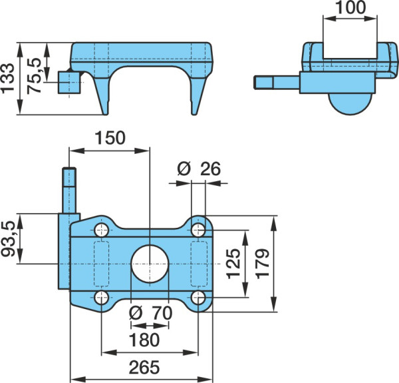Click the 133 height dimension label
pyautogui.click(x=7, y=78)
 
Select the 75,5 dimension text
pyautogui.click(x=34, y=76)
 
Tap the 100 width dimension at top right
pyautogui.click(x=350, y=7)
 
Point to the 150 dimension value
pyautogui.click(x=110, y=138)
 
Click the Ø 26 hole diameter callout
pyautogui.click(x=199, y=169)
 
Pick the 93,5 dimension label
pyautogui.click(x=7, y=238)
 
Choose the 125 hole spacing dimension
pyautogui.click(x=233, y=264)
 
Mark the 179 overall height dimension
pyautogui.click(x=263, y=264)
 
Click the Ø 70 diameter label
pyautogui.click(x=150, y=313)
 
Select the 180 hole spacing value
pyautogui.click(x=144, y=340)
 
